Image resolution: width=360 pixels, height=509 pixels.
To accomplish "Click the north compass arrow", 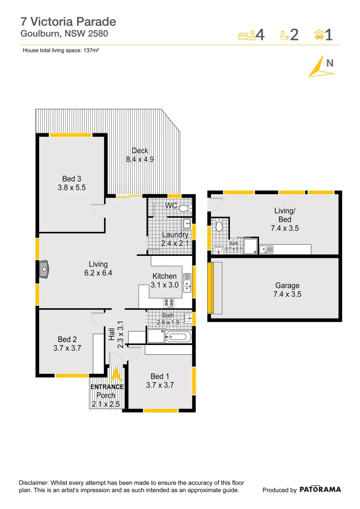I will [319, 67].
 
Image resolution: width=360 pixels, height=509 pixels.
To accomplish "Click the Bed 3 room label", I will [72, 179].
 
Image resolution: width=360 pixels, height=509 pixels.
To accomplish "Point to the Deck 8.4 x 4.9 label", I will [140, 155].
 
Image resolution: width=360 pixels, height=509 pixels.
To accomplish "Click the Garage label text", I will [287, 286].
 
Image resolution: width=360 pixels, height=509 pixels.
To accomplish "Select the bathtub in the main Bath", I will [179, 337].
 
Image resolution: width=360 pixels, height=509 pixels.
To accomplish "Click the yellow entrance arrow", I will [115, 375].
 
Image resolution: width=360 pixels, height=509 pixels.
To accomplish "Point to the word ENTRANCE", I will [107, 387].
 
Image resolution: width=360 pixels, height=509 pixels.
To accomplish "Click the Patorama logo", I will [320, 489].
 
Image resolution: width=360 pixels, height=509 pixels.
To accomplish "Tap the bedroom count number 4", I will [260, 35].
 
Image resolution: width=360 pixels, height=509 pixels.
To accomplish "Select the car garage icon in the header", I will [319, 35].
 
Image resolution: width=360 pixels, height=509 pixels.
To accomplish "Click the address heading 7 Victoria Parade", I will [68, 21].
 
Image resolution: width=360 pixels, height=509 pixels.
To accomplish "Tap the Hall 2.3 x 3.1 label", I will [116, 335].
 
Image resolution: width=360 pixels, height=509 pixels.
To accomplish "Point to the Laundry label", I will [175, 235].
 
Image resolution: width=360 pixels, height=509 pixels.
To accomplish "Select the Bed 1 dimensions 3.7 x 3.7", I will [160, 385].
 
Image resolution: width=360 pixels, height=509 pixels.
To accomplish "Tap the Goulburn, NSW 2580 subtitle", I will [64, 33].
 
